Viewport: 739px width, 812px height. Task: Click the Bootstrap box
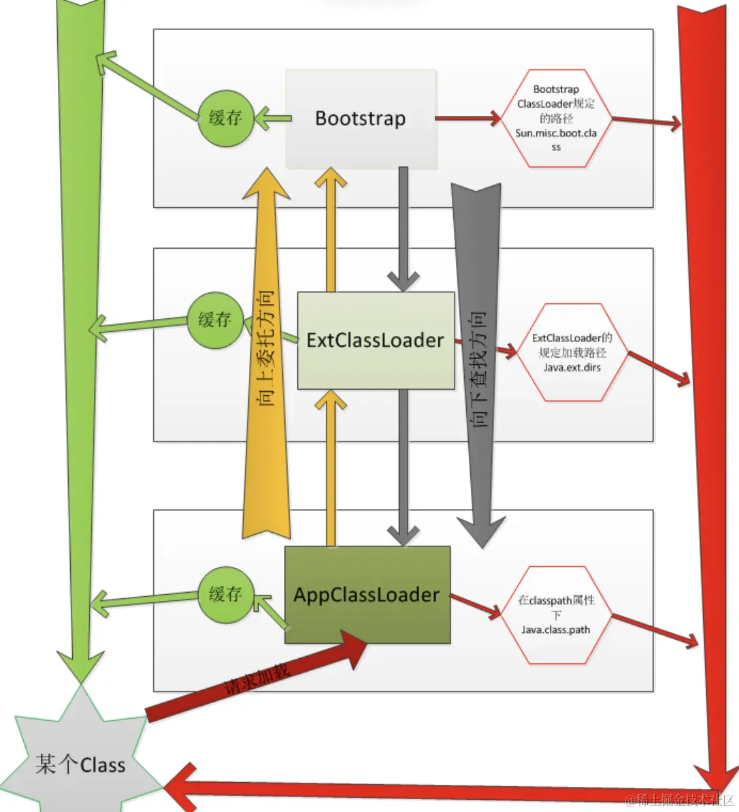(360, 119)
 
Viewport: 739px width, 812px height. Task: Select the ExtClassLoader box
(375, 340)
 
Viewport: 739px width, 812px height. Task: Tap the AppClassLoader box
(367, 595)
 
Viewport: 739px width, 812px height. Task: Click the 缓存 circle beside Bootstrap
(225, 118)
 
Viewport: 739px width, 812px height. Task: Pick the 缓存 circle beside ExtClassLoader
(215, 320)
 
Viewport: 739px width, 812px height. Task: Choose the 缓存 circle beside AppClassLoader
(225, 594)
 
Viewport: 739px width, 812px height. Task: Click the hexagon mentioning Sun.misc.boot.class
(556, 118)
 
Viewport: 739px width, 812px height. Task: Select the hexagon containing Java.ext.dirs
(572, 352)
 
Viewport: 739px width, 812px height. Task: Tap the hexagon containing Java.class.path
(556, 614)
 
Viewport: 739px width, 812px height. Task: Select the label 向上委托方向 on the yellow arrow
(266, 347)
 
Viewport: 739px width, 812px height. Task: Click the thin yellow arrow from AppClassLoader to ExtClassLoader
(331, 470)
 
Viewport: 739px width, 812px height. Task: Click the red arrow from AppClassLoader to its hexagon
(475, 607)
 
